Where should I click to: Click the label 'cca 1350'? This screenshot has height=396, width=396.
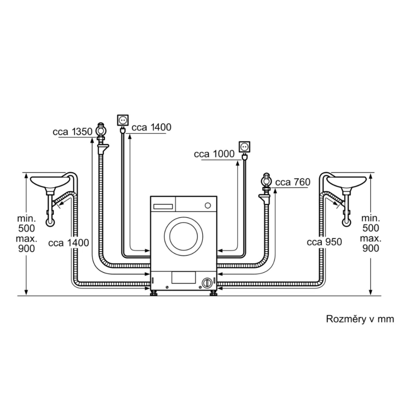72,131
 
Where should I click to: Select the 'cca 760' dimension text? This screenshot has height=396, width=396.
293,182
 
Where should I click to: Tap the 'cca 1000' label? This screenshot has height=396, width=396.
214,154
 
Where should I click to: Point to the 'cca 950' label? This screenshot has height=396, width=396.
324,242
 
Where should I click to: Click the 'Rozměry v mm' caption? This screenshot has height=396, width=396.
360,319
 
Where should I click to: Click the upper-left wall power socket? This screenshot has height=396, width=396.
123,120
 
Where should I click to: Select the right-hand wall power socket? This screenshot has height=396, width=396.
245,147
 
